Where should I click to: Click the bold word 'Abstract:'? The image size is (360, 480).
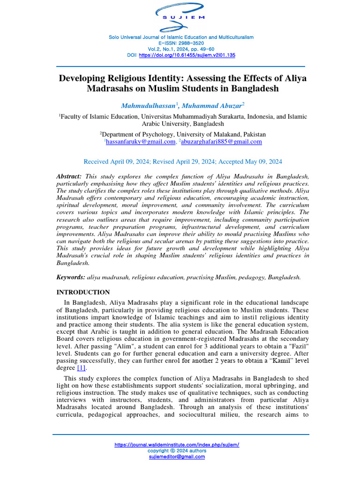(x=69, y=176)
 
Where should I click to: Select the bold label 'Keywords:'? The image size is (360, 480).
(x=71, y=277)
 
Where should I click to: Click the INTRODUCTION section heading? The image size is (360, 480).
(x=83, y=292)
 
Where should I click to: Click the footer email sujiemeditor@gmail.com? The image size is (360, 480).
(x=177, y=457)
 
